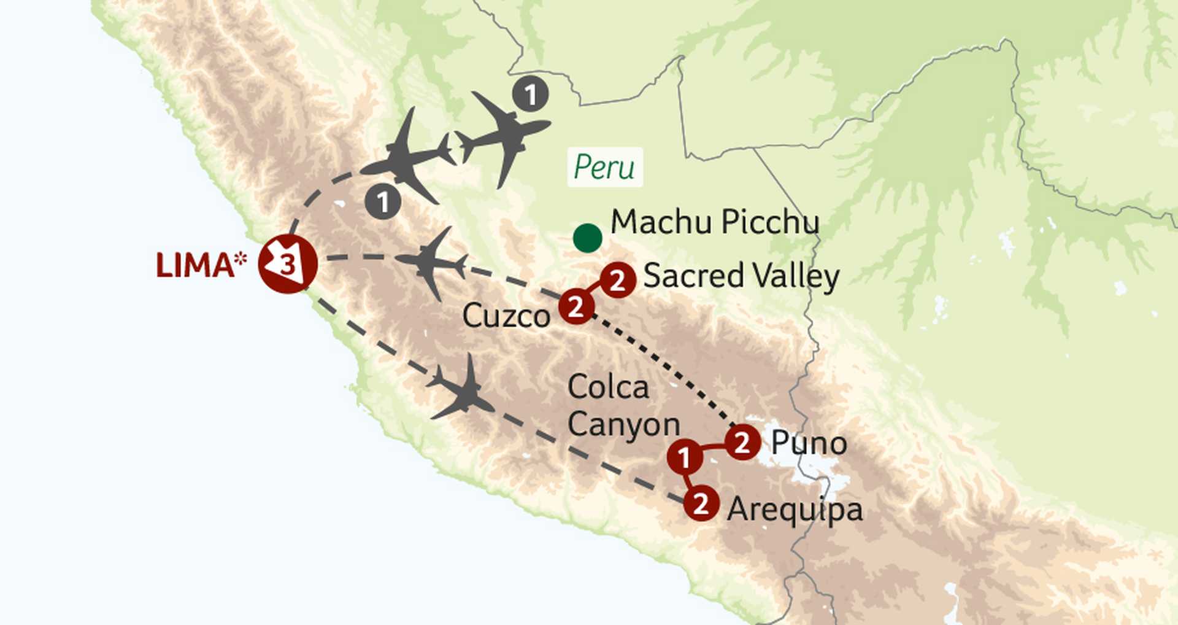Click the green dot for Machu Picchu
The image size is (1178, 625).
587,238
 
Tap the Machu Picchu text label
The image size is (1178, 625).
715,222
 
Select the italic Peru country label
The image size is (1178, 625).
604,167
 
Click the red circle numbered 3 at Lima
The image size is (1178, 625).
287,264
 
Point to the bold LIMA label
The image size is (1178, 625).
194,266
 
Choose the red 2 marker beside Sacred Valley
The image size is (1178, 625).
617,280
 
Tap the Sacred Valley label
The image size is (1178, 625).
741,276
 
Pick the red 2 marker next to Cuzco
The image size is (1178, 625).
576,306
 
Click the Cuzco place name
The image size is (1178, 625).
506,316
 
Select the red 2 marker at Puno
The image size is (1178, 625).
742,442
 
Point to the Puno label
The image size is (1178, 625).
809,443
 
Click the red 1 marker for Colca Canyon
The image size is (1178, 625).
684,457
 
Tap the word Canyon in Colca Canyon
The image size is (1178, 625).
624,425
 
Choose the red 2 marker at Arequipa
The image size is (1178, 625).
701,503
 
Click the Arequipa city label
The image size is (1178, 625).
795,510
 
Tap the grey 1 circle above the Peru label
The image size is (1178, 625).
531,95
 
